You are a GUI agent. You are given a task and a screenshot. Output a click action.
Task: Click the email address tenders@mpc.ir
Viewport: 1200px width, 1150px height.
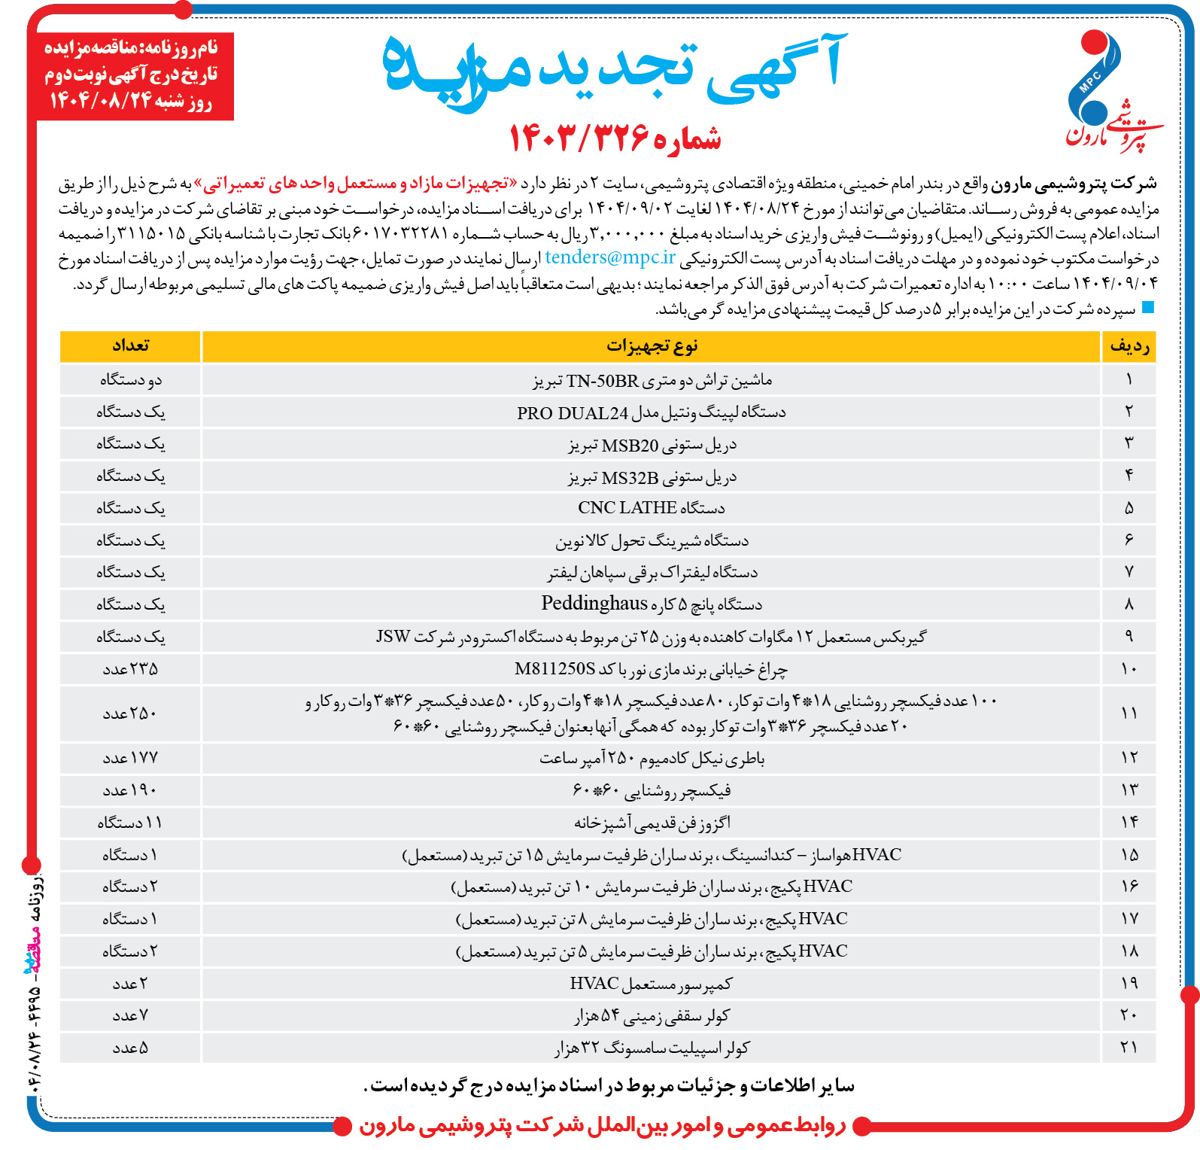tap(610, 257)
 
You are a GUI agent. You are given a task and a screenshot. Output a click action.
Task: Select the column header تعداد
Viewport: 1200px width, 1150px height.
tap(130, 345)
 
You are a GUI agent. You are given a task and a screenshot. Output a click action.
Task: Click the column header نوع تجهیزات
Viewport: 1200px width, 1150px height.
tap(652, 346)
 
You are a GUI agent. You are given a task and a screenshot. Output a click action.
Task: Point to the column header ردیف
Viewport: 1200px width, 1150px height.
tap(1129, 346)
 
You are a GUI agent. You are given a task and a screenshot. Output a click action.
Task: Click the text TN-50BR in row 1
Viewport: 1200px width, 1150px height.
tap(602, 381)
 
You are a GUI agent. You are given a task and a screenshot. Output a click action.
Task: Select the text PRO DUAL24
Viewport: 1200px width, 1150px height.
tap(572, 413)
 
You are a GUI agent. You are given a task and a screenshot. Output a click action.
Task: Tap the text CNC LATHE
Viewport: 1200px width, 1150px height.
tap(616, 508)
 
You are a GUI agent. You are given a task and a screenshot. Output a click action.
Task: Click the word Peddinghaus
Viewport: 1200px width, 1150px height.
tap(594, 604)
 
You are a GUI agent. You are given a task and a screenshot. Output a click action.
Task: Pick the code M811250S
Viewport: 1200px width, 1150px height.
tap(555, 669)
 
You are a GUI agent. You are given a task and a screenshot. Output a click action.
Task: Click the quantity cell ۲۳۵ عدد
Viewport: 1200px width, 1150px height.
tap(130, 669)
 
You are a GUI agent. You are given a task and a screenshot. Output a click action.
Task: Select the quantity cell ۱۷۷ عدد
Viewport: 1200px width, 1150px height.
tap(130, 758)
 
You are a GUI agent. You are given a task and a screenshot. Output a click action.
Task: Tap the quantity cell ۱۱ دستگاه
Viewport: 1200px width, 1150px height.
tap(130, 823)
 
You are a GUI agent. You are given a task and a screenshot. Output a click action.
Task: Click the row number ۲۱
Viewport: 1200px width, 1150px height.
tap(1129, 1048)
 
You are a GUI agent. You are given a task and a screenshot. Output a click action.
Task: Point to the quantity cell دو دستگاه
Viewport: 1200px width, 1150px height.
tap(130, 380)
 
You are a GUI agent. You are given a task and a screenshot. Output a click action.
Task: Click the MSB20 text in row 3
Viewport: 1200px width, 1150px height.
tap(630, 446)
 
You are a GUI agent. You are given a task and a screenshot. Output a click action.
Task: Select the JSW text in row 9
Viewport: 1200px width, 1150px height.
tap(393, 637)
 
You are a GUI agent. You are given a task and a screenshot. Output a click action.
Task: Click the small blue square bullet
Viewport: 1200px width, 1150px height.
tap(1147, 307)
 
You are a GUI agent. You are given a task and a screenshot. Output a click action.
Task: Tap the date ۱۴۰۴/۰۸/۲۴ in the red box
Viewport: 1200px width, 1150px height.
tap(101, 100)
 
